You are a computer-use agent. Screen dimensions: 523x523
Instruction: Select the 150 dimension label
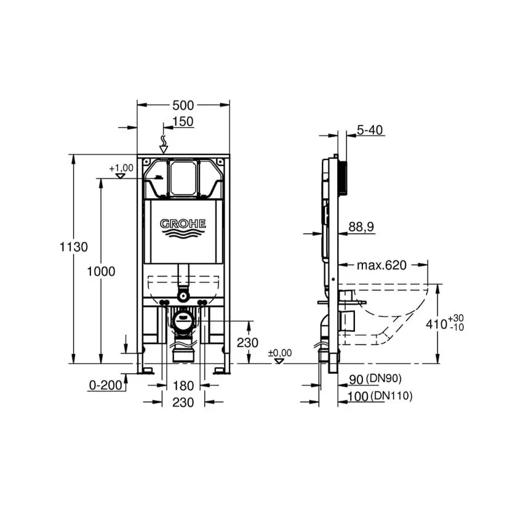(183, 122)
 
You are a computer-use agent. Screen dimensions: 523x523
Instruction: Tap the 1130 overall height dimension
(73, 247)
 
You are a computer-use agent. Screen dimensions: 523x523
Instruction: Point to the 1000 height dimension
(100, 271)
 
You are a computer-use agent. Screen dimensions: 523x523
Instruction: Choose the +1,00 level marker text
(121, 168)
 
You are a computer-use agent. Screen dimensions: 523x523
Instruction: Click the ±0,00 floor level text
(280, 353)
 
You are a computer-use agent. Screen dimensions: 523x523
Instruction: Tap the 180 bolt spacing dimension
(183, 386)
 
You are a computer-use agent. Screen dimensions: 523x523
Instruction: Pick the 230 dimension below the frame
(183, 402)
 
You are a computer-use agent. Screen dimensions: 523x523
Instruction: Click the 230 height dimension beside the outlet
(247, 343)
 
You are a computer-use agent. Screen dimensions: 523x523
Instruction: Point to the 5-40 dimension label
(370, 130)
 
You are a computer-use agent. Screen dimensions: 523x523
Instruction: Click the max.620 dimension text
(381, 265)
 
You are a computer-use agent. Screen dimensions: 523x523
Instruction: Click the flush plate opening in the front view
(183, 178)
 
